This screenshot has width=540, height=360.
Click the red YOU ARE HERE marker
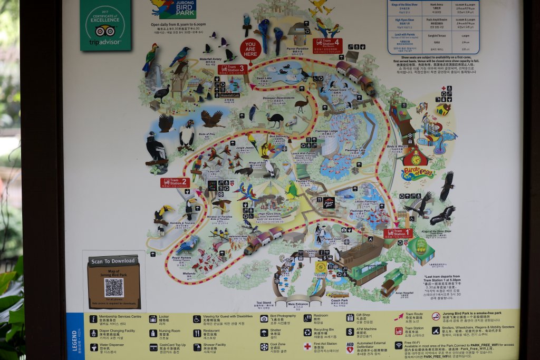coord(250,50)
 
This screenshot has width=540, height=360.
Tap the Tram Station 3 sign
coord(232,69)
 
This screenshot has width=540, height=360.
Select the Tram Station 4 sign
coord(327,44)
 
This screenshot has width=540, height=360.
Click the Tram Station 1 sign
coord(399,233)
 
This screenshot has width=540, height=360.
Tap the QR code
coord(113,287)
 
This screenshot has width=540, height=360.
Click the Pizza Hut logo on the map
coord(329,202)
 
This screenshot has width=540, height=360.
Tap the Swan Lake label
coord(264,79)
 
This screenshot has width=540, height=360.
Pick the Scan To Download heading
coord(114,261)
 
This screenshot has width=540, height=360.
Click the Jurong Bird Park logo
coord(167,8)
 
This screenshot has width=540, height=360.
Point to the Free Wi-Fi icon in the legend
coord(399,346)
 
